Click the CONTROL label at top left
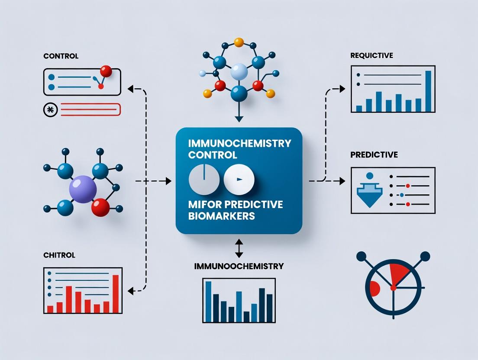pos(61,56)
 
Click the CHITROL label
pos(59,255)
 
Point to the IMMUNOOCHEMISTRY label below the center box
pos(239,266)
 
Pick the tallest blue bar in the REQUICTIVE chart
pos(429,91)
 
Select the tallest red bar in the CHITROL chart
pos(116,294)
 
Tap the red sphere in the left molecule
pos(101,206)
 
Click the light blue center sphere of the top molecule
pos(239,72)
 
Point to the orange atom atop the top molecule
pos(239,42)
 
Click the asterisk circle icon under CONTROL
pos(51,110)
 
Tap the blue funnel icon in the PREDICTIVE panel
pos(370,192)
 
